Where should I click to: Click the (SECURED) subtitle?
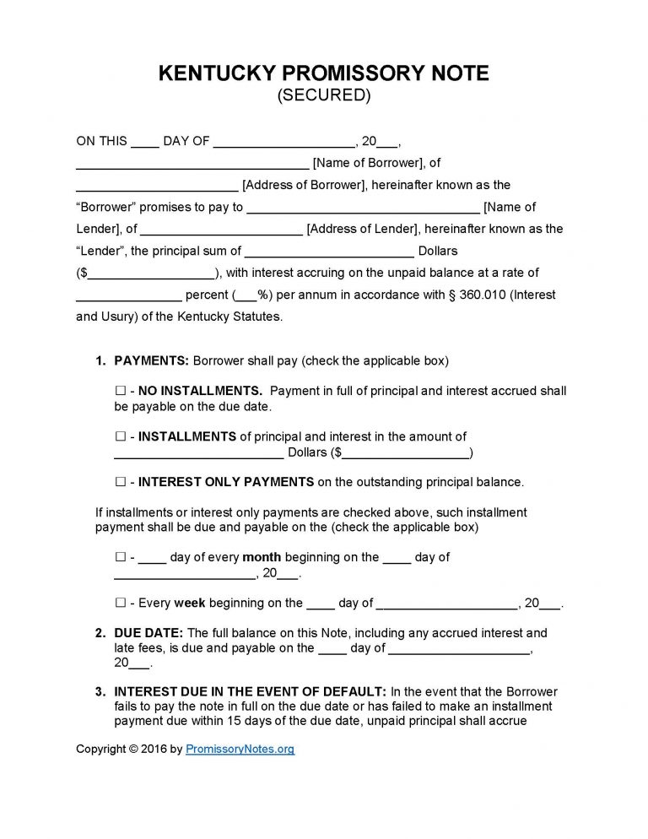tap(324, 95)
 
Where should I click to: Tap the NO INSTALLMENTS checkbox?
tap(119, 391)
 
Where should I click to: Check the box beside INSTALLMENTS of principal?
tap(119, 436)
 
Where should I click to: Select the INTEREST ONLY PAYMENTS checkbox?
tap(119, 482)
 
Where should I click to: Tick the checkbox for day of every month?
tap(119, 557)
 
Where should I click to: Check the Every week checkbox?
tap(119, 603)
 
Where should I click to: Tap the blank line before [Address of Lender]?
tap(222, 230)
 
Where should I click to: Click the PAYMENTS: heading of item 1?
tap(151, 360)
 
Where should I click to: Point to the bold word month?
tap(262, 557)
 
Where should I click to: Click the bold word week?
tap(189, 603)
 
